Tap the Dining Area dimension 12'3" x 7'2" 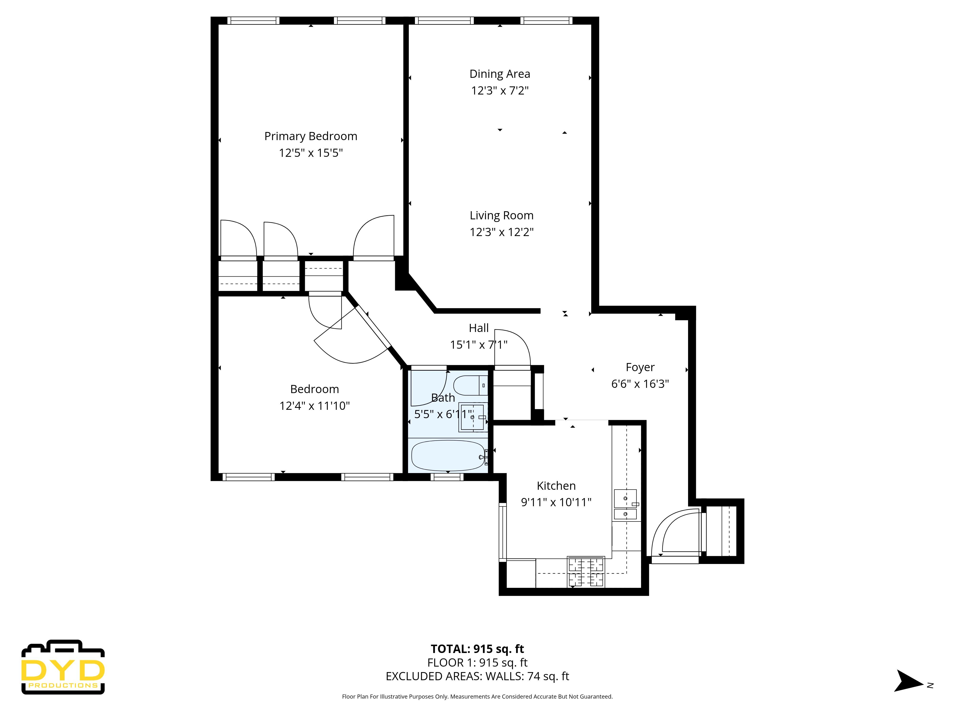(500, 91)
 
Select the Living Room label (502, 215)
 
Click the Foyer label (640, 367)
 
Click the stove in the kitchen (586, 572)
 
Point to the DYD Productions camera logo (63, 667)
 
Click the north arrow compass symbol (908, 681)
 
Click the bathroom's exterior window (447, 477)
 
